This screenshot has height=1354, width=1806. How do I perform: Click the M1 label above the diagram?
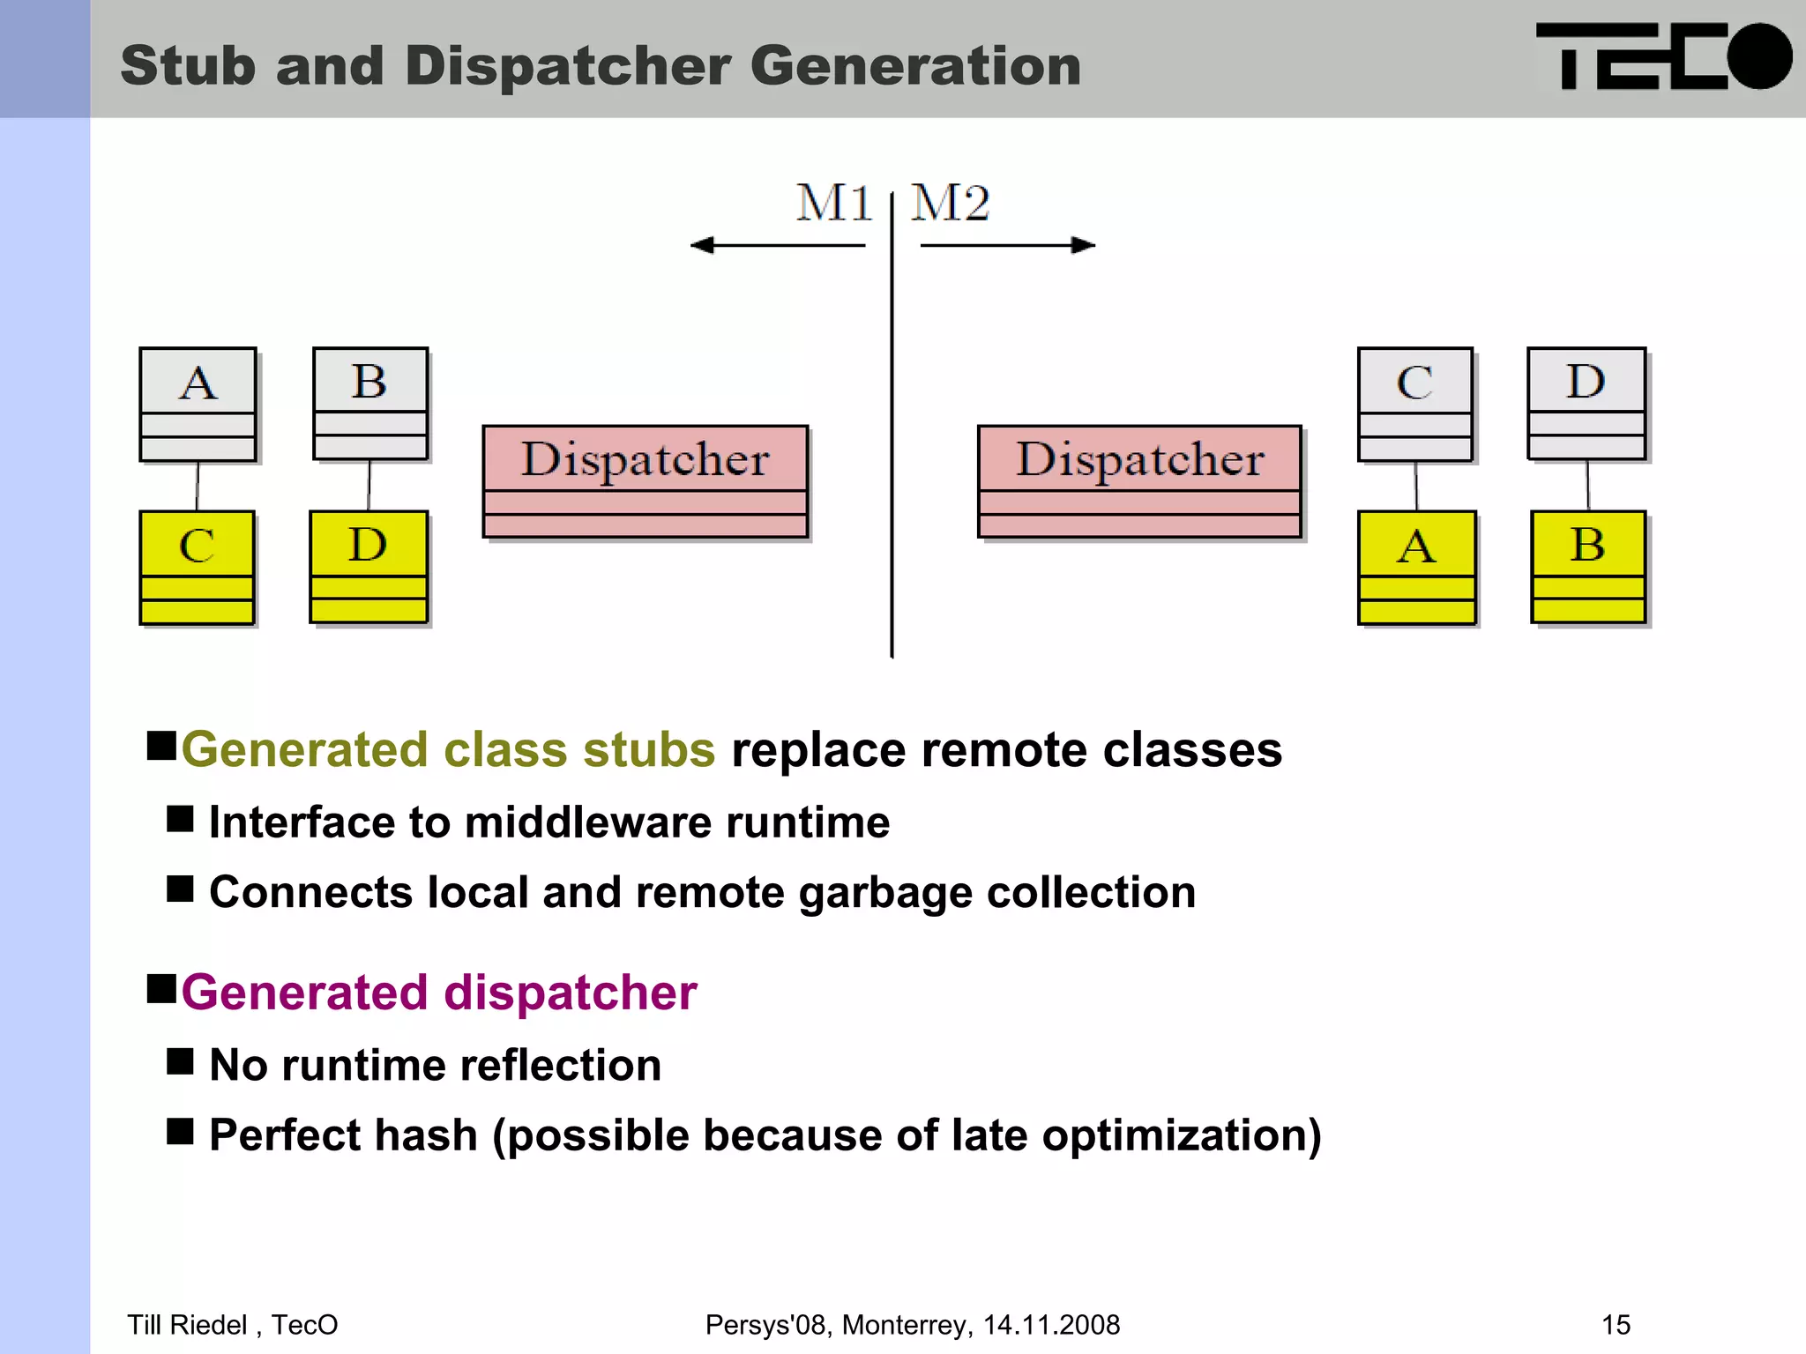(833, 204)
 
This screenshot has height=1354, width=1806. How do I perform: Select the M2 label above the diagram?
(950, 204)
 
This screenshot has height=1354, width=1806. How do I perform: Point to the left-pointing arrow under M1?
(777, 245)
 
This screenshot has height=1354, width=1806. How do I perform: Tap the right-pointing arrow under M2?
(1008, 245)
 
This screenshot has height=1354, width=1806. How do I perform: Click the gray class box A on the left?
(198, 404)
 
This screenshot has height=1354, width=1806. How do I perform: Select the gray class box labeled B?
(370, 403)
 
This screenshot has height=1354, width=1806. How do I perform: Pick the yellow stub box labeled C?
(197, 567)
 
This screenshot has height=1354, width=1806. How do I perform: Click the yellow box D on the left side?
(369, 566)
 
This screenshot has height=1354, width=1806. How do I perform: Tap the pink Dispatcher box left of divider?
(646, 480)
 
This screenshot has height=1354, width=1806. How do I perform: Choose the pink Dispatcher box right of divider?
(1139, 480)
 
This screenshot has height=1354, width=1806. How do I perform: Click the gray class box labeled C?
(1415, 404)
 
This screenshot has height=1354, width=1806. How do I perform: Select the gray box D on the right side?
(1586, 403)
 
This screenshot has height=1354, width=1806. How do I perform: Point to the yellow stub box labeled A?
(1416, 567)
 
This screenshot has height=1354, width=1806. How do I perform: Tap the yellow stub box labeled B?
(1588, 566)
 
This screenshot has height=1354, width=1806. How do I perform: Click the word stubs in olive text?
(648, 750)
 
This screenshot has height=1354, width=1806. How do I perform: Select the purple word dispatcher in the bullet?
(571, 993)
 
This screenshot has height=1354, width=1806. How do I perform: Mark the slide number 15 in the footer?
(1616, 1325)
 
